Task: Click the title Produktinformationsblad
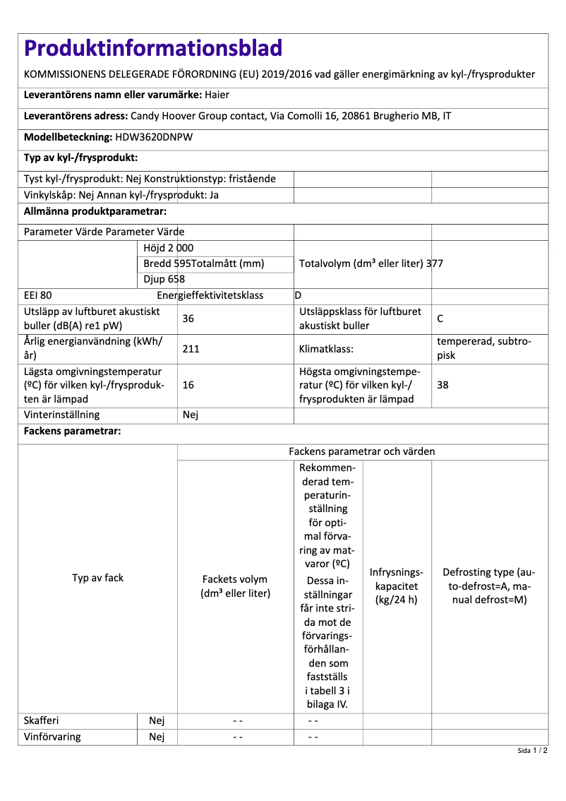click(153, 48)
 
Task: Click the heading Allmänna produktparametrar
click(95, 211)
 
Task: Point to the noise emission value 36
click(188, 319)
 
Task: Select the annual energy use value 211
click(191, 348)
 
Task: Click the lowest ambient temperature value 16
click(188, 385)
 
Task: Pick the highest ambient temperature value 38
click(443, 385)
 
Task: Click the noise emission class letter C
click(440, 319)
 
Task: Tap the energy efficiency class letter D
click(298, 295)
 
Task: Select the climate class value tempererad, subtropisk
click(484, 348)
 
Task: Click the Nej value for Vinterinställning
click(191, 415)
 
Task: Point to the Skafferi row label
click(42, 720)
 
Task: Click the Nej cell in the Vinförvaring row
click(157, 737)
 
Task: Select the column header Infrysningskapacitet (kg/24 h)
click(397, 586)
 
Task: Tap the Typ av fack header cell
click(97, 578)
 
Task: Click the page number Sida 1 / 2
click(532, 751)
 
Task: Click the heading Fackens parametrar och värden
click(362, 451)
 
